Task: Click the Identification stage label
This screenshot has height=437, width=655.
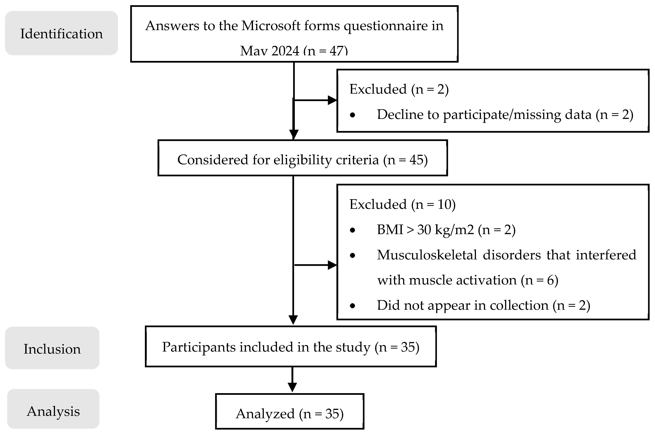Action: [61, 34]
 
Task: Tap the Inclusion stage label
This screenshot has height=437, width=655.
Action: [52, 349]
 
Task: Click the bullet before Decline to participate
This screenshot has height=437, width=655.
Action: [353, 115]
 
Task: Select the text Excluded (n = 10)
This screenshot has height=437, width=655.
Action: [402, 204]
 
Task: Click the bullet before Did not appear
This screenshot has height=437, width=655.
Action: [353, 306]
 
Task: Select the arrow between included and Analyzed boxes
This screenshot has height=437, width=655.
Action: [292, 380]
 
